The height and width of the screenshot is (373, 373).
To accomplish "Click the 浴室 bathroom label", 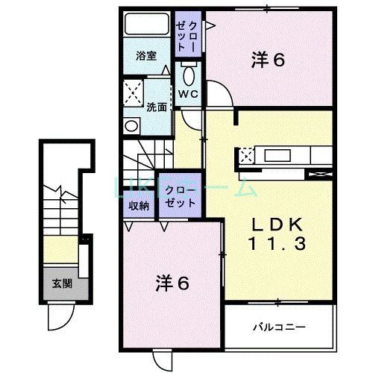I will pos(145,56).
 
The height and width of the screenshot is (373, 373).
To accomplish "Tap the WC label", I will pos(186,94).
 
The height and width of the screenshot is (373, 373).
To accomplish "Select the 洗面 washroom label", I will pos(156,107).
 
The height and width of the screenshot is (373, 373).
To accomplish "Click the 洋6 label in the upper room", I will pos(268,61).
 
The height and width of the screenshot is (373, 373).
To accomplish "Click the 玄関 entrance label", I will pos(62,283).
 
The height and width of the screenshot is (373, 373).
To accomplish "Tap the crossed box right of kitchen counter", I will pos(316,175).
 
